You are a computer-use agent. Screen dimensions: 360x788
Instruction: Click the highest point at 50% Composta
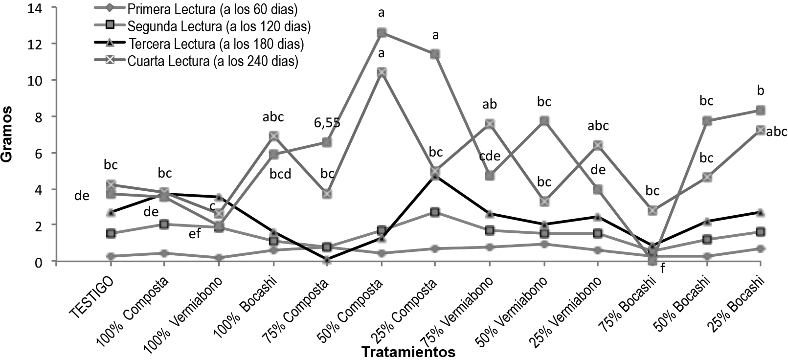click(x=382, y=33)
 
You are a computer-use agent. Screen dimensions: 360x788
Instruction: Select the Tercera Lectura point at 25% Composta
click(x=435, y=176)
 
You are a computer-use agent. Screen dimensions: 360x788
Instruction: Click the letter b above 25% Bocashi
click(x=761, y=90)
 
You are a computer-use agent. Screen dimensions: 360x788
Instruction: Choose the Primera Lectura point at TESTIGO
click(x=111, y=256)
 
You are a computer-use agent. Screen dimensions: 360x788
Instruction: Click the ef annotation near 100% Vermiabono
click(x=195, y=234)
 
